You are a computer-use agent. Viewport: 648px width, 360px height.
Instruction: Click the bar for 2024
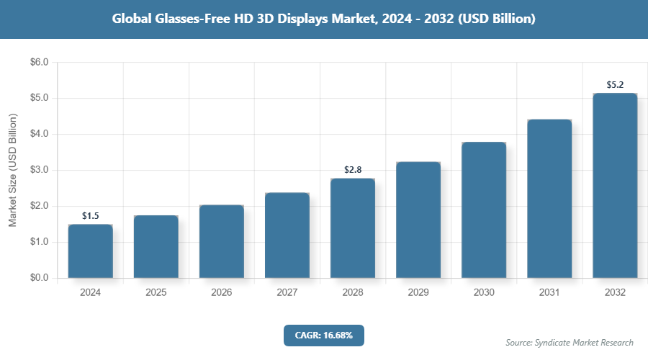click(91, 251)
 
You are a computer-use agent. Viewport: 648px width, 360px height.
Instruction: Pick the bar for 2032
click(615, 185)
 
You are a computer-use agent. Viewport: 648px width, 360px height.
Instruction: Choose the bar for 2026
click(222, 241)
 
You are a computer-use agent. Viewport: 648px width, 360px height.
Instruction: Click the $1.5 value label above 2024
click(91, 215)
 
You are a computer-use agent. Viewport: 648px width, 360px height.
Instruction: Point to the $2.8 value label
click(353, 170)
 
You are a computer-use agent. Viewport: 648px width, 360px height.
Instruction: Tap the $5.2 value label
click(615, 84)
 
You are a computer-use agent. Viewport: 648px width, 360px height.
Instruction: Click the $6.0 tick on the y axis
click(39, 63)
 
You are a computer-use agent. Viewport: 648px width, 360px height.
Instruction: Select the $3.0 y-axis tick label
click(39, 170)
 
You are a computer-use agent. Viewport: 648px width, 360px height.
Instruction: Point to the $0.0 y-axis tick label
click(39, 278)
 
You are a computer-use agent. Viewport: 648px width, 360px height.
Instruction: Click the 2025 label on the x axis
click(156, 293)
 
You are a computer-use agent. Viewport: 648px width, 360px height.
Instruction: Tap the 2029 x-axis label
click(418, 293)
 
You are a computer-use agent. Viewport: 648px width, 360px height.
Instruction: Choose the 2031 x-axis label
click(549, 293)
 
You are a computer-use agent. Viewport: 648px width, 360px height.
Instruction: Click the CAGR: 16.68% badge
click(324, 335)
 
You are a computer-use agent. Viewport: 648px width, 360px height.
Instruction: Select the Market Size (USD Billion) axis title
click(12, 170)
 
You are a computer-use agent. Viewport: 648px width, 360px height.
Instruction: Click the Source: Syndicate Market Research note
click(570, 342)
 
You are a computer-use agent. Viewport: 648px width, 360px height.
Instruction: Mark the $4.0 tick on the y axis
click(39, 134)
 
